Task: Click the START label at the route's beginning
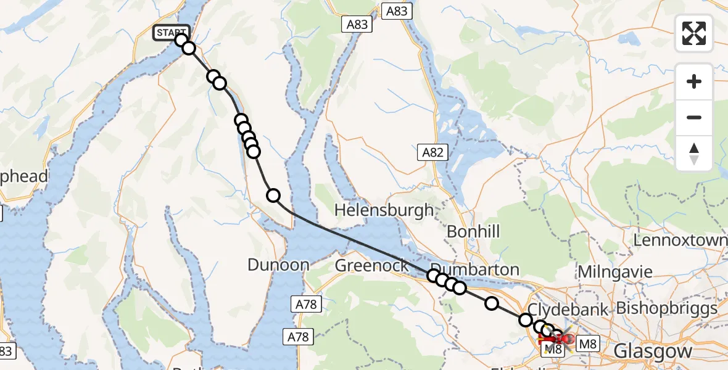pos(170,33)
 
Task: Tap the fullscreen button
pos(694,33)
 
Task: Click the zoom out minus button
pos(694,117)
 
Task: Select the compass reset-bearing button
pos(694,154)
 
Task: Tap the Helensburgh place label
pos(384,210)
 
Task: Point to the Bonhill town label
pos(473,232)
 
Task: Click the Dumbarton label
pos(475,269)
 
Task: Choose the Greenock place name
pos(372,266)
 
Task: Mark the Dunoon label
pos(278,265)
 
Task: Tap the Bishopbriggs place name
pos(667,308)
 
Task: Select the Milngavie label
pos(614,271)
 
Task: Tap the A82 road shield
pos(432,152)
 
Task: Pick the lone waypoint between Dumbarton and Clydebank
pos(492,303)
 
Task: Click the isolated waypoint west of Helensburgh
pos(273,195)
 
